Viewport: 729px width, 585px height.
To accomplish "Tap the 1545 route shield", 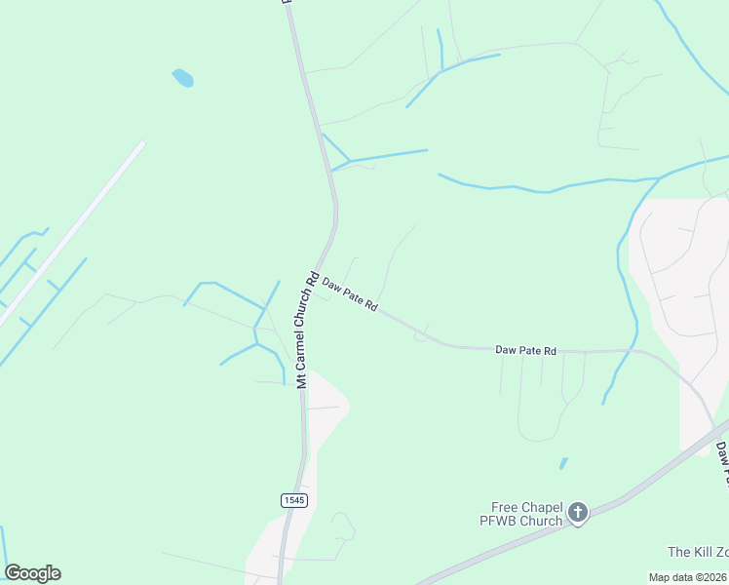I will click(294, 500).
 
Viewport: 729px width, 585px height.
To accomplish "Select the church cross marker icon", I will click(578, 512).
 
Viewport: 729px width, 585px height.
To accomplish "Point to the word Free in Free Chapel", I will click(505, 507).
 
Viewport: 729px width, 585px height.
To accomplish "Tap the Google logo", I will click(32, 573).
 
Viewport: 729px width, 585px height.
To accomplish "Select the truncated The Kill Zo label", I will click(698, 553).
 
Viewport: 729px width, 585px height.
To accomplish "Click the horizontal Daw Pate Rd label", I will click(525, 349).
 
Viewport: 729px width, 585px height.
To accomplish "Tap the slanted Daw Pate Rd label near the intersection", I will click(350, 292).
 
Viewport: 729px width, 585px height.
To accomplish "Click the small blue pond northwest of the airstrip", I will click(182, 78).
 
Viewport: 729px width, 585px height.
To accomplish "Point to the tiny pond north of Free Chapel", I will click(563, 463).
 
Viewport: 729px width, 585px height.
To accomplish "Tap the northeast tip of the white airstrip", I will click(141, 145).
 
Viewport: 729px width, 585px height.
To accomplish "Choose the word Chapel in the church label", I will click(541, 507).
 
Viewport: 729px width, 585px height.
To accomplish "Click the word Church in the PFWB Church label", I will click(542, 521).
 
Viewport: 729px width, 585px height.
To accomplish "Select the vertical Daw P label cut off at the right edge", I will click(722, 463).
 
